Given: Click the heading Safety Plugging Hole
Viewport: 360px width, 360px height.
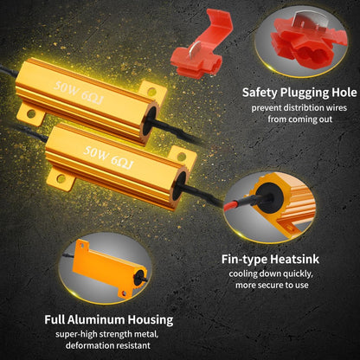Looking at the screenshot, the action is click(x=299, y=93).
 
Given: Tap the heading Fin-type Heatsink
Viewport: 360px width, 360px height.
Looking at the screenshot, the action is click(x=270, y=259).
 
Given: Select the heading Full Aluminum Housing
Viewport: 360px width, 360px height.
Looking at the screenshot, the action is click(x=109, y=319).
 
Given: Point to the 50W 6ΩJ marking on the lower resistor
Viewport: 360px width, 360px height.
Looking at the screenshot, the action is click(x=108, y=157).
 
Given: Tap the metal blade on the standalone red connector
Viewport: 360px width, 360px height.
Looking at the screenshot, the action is click(x=195, y=49).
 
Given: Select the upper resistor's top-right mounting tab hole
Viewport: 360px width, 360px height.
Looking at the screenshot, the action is click(x=151, y=92).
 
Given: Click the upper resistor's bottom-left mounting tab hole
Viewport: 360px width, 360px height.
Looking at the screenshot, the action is click(x=31, y=113).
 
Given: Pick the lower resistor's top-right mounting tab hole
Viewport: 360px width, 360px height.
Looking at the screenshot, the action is click(x=182, y=157).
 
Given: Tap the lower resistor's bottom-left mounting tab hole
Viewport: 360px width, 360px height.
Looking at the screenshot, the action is click(x=61, y=179).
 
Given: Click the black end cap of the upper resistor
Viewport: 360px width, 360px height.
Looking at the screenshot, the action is click(x=150, y=121).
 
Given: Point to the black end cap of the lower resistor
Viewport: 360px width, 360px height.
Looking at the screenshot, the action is click(x=179, y=185).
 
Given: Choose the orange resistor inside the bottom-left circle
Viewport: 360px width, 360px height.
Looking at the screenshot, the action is click(x=109, y=268).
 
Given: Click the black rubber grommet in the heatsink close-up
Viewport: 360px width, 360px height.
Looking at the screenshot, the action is click(x=269, y=198).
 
